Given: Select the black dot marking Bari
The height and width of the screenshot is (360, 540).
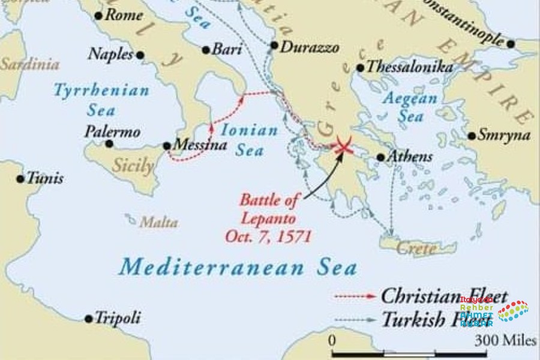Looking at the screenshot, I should [206, 50].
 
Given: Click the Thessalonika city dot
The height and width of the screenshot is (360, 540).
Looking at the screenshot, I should [360, 68].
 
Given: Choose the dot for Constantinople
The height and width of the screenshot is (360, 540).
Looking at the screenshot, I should [511, 44].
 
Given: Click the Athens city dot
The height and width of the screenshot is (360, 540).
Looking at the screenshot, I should [380, 157].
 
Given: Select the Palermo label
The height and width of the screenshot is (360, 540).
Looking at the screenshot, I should [112, 131].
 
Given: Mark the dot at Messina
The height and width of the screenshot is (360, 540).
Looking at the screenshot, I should [167, 146].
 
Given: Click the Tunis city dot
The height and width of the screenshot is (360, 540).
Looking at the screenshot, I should [21, 178].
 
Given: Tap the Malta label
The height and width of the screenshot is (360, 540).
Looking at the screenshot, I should [158, 223].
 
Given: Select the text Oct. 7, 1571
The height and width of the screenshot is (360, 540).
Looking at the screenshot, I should [268, 236].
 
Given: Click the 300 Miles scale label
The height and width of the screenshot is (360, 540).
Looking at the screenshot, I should [506, 341].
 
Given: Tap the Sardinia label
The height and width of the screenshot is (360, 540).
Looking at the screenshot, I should [30, 64].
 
